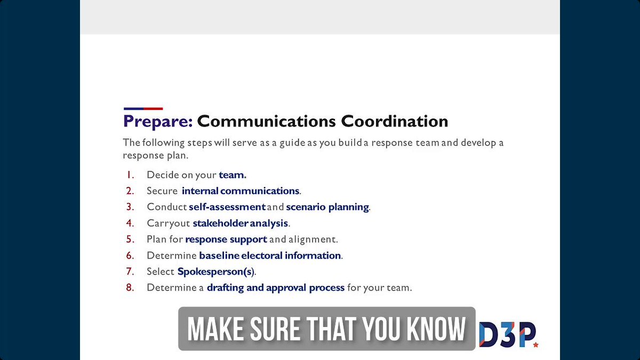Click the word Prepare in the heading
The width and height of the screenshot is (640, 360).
pos(158,122)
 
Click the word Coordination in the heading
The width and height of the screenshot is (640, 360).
pos(395,121)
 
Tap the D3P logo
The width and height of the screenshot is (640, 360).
pos(507,334)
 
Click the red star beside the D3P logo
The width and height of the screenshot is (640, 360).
pos(535,345)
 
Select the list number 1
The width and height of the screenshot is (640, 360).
pos(130,175)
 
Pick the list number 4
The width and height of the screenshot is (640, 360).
pos(130,223)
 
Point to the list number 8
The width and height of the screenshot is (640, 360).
pos(130,287)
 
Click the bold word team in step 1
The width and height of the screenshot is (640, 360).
pos(233,175)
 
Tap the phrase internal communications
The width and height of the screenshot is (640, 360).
pos(241,191)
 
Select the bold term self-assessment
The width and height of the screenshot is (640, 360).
pos(227,207)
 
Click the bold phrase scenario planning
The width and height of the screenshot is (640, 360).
pos(327,207)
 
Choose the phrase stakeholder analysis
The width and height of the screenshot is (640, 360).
pos(241,223)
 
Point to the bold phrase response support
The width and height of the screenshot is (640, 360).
pos(226,239)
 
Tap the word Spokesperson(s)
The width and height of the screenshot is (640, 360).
pos(215,271)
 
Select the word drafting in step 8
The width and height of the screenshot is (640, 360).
pos(225,287)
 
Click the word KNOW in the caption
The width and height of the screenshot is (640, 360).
pos(437,329)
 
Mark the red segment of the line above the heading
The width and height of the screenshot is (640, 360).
pos(153,109)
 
